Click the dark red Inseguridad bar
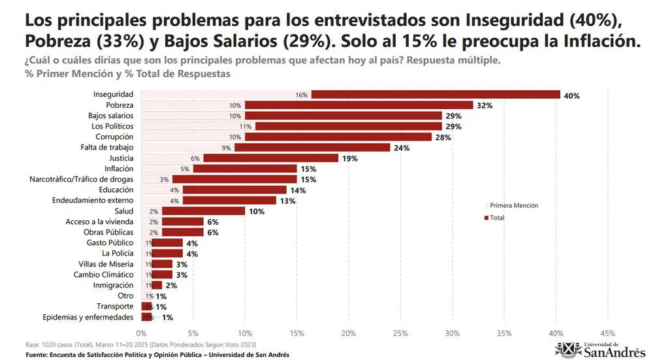point(436,95)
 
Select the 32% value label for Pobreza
point(484,105)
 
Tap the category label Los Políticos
point(112,126)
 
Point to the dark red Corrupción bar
point(338,137)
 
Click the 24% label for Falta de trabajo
point(401,148)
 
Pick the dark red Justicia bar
point(271,158)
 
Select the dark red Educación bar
point(234,190)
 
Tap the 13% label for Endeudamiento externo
point(287,201)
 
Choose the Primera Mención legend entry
point(513,205)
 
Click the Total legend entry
point(497,218)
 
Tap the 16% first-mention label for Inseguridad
point(301,95)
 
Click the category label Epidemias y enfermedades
point(88,317)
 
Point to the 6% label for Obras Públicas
point(213,233)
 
